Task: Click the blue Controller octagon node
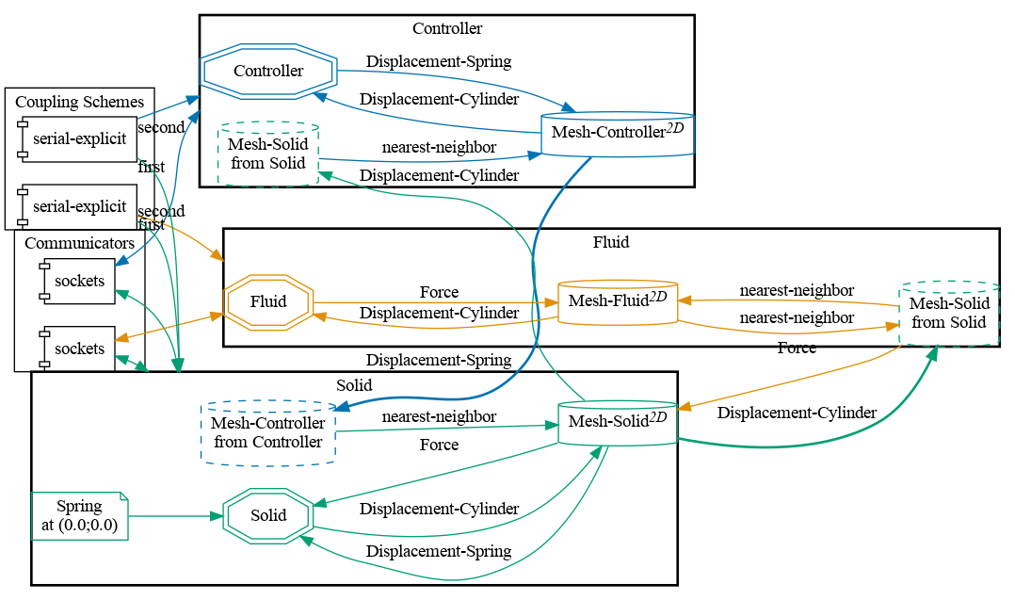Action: (268, 71)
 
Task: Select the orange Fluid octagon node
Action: (268, 302)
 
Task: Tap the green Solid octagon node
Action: (268, 515)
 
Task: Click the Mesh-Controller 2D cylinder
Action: (618, 133)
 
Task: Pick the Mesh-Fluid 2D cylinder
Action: (618, 301)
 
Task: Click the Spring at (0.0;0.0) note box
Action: (79, 516)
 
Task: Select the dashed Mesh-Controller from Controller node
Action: (268, 433)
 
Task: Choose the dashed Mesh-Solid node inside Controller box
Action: (268, 153)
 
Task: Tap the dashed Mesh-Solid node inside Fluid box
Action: (949, 313)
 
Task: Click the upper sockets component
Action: (79, 282)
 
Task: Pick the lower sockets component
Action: (79, 349)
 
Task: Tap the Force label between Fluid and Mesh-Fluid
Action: (438, 292)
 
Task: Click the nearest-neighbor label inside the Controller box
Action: (439, 147)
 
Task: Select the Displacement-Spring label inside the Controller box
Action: (439, 61)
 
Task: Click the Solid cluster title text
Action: (354, 384)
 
